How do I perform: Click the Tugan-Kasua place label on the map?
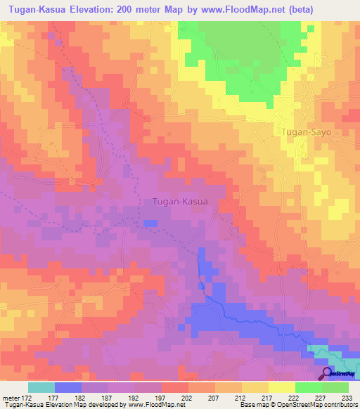tap(179, 202)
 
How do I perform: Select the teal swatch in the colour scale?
tap(41, 387)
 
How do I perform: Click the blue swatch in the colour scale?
tap(68, 387)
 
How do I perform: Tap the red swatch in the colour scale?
tap(175, 387)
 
